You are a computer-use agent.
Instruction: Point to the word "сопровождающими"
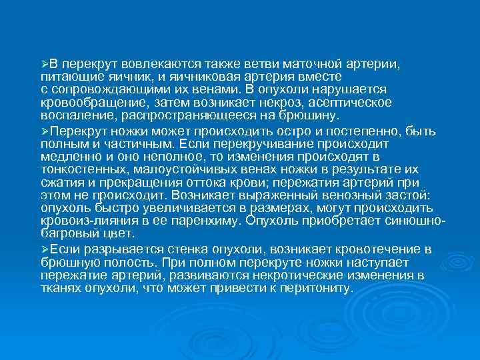tap(102, 89)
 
